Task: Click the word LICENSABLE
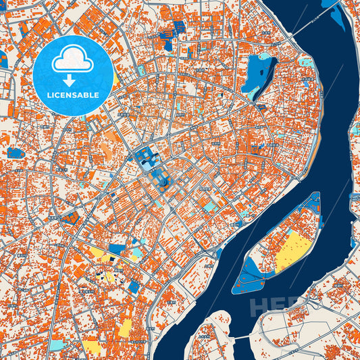click(72, 95)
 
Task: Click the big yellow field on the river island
click(292, 250)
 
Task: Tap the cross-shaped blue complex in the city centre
click(147, 159)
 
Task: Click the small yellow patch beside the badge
click(116, 79)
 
